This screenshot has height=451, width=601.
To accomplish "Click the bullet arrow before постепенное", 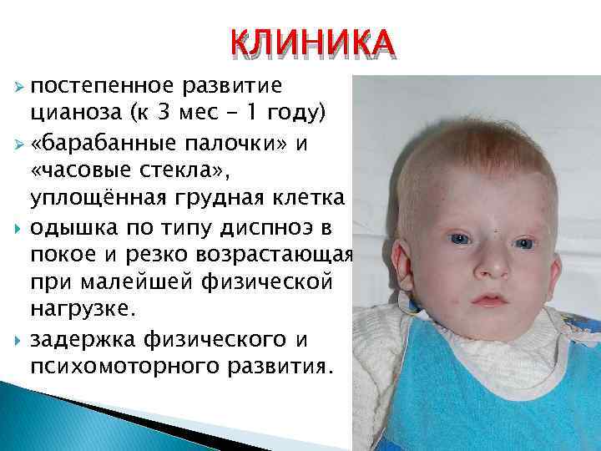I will [23, 88].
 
